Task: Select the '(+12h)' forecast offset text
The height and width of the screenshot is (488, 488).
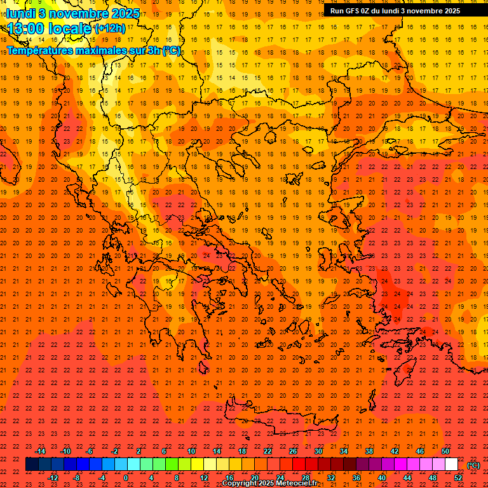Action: click(110, 28)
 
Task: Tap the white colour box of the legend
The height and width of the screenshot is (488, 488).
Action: click(452, 464)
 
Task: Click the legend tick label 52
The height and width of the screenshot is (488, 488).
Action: click(458, 478)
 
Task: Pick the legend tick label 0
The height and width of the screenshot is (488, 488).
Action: click(126, 478)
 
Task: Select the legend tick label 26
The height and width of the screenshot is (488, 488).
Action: click(293, 451)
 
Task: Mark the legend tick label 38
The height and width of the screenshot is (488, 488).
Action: click(369, 451)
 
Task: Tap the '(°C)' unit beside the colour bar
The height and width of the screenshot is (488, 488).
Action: click(473, 465)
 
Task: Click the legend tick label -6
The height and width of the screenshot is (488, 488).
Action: click(90, 451)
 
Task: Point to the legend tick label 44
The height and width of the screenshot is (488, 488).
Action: click(407, 478)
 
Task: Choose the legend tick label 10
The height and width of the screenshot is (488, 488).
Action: click(191, 451)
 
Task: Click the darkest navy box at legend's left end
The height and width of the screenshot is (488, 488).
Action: click(32, 464)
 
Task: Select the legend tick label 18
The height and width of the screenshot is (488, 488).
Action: click(242, 451)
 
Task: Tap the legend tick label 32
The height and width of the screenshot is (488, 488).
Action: click(331, 478)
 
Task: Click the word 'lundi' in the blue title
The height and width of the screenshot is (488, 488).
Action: click(20, 13)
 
